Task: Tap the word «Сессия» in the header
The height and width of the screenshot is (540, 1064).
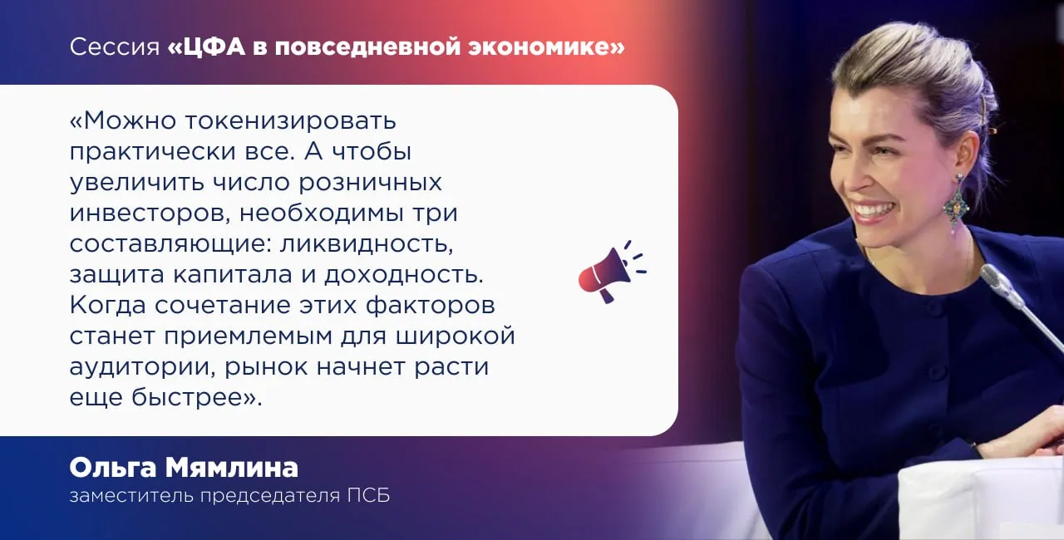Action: [115, 47]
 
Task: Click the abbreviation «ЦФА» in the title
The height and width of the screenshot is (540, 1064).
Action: [214, 47]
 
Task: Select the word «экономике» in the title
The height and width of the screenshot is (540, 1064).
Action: [539, 47]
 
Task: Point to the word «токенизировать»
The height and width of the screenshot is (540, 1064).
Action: [290, 121]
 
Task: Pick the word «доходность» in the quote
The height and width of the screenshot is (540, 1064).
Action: [404, 275]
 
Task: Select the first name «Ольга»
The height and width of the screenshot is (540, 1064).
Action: [112, 468]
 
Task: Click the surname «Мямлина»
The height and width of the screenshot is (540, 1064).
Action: [232, 468]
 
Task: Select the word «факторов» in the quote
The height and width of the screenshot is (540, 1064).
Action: [431, 306]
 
